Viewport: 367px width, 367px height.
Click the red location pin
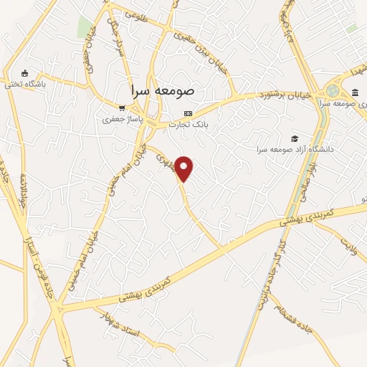[185, 169]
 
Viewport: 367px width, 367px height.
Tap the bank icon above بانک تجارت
[189, 113]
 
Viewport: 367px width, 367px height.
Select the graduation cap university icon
[294, 138]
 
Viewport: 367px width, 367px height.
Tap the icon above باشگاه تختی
[25, 73]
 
